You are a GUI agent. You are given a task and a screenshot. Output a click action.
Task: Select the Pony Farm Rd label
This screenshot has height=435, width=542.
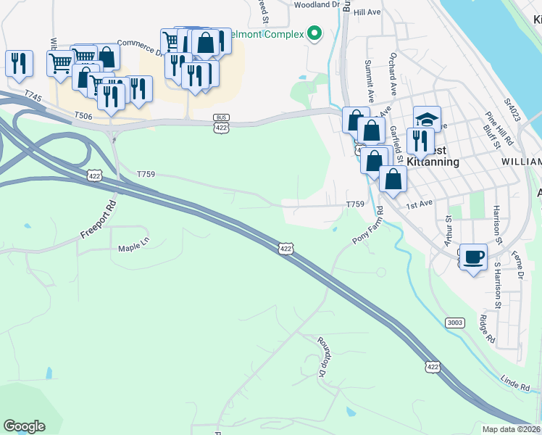[368, 225]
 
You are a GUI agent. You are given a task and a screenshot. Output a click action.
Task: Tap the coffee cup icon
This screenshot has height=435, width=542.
[474, 257]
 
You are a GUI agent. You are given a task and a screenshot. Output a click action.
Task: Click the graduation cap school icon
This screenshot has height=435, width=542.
[427, 119]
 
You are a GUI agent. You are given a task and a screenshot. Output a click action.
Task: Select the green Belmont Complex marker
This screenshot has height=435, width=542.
[314, 33]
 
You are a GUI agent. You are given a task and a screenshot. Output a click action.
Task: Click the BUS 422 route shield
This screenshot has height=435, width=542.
[221, 123]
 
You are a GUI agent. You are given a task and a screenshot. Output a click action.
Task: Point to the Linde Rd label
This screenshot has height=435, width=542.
[515, 382]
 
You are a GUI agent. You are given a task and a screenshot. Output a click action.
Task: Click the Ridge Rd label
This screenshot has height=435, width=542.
[486, 329]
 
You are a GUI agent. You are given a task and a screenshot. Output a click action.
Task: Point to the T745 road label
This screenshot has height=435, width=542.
[33, 95]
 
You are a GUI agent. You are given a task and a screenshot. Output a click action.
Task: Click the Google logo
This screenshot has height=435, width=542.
[24, 426]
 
